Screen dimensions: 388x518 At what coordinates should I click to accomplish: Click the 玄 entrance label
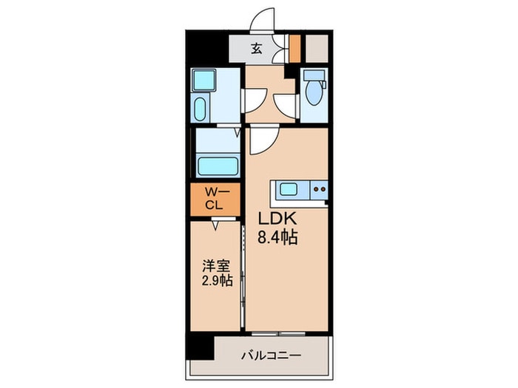(x=256, y=50)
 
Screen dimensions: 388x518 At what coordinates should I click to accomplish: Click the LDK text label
(x=277, y=219)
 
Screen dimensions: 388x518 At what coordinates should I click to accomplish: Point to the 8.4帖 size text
(x=277, y=238)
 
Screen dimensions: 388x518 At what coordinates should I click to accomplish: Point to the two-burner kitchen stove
(x=319, y=190)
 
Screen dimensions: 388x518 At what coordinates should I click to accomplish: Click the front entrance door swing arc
(x=262, y=21)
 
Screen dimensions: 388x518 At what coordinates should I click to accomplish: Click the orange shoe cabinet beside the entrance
(x=295, y=48)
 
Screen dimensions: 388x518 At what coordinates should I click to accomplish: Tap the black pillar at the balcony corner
(x=198, y=345)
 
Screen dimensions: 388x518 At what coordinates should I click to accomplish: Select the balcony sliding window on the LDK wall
(x=285, y=331)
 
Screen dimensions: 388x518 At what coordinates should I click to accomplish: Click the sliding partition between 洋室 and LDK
(x=244, y=273)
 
